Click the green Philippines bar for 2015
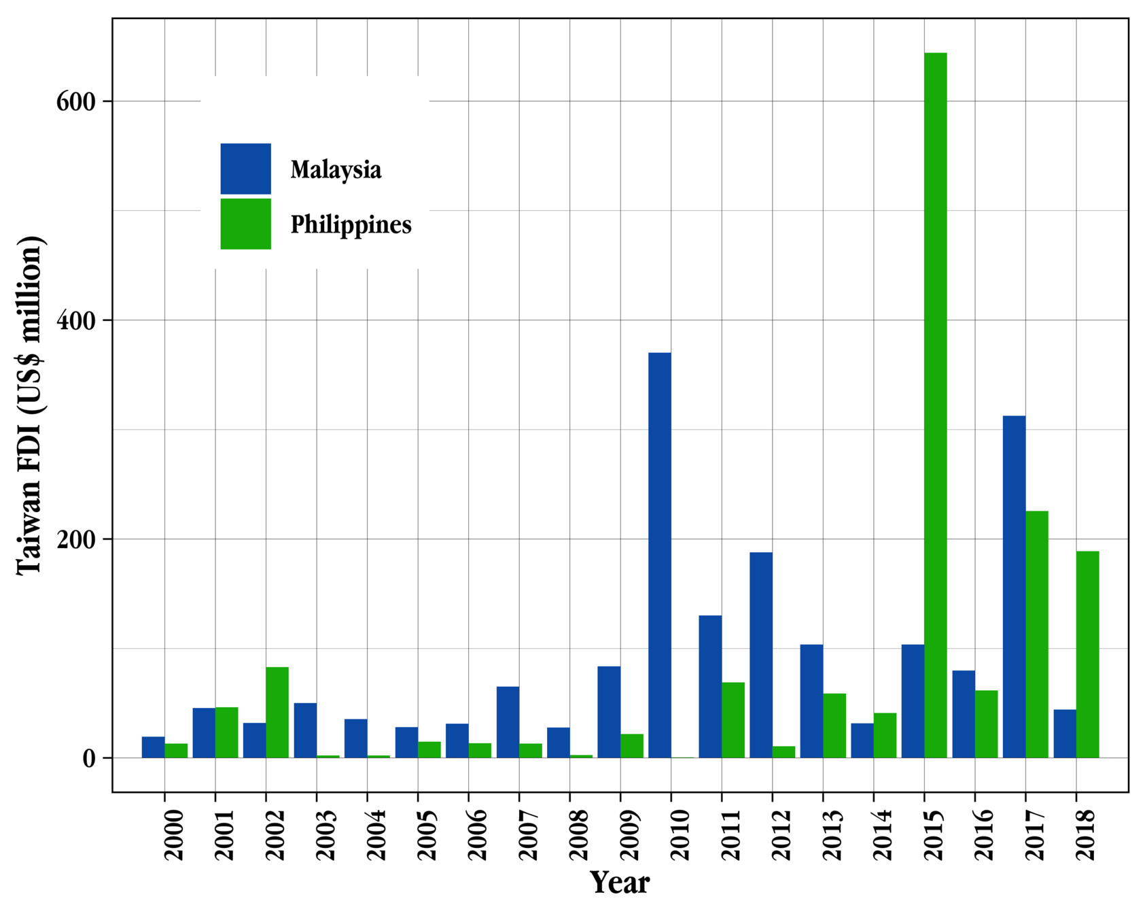[x=935, y=405]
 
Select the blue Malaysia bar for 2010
[x=660, y=555]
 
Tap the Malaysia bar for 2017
[x=1014, y=586]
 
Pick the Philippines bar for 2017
[x=1036, y=634]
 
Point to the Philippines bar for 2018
[x=1087, y=654]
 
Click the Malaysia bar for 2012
[x=761, y=654]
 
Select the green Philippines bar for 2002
[x=277, y=712]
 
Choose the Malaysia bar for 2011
[x=710, y=686]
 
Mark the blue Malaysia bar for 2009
[x=609, y=711]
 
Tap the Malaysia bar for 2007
[x=508, y=721]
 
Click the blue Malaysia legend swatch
[x=245, y=169]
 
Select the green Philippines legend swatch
[x=245, y=224]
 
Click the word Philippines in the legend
[x=351, y=224]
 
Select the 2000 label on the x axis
[x=174, y=835]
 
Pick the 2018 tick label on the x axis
[x=1086, y=835]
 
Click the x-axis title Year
[x=620, y=883]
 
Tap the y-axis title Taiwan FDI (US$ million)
[x=30, y=405]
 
